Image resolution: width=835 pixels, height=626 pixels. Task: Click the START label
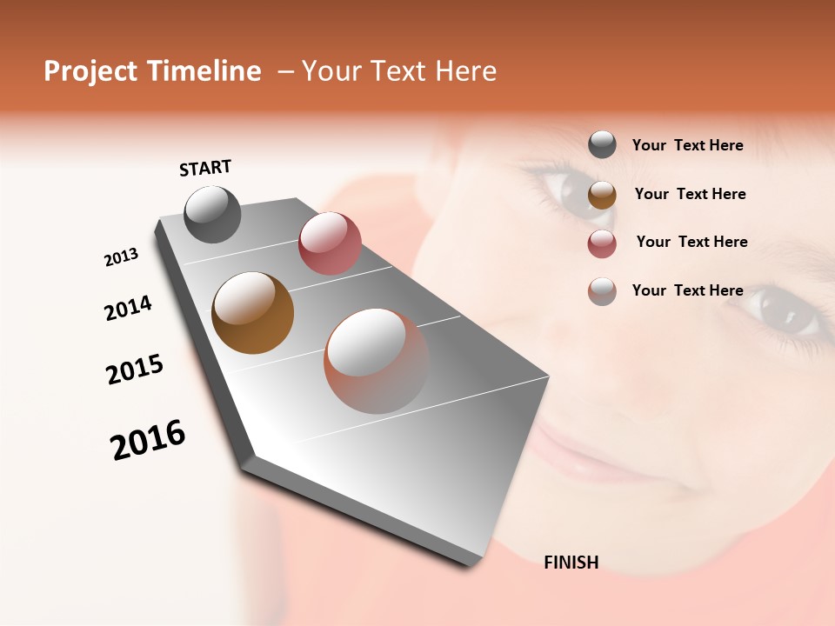click(205, 168)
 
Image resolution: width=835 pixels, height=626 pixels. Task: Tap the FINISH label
click(571, 563)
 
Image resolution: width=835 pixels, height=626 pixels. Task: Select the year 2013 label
click(121, 257)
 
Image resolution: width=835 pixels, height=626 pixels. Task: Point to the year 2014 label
click(128, 308)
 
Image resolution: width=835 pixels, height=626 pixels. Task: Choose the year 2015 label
click(135, 370)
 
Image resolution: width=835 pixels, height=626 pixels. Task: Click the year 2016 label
click(148, 440)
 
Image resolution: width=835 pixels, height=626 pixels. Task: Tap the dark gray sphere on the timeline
click(212, 214)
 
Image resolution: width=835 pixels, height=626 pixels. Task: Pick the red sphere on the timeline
click(330, 243)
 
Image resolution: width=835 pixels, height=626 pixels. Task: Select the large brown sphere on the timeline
click(252, 313)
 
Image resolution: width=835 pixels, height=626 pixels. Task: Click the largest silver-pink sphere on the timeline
click(377, 361)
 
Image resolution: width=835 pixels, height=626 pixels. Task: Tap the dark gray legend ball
click(602, 145)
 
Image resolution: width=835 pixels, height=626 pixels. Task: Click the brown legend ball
click(602, 195)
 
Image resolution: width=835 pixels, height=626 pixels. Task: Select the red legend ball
click(602, 243)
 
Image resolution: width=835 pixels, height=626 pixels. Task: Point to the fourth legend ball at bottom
click(602, 291)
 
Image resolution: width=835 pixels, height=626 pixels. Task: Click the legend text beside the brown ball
click(690, 194)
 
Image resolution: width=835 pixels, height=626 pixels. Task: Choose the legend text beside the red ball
click(691, 242)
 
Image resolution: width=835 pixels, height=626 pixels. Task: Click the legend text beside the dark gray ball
click(687, 145)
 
